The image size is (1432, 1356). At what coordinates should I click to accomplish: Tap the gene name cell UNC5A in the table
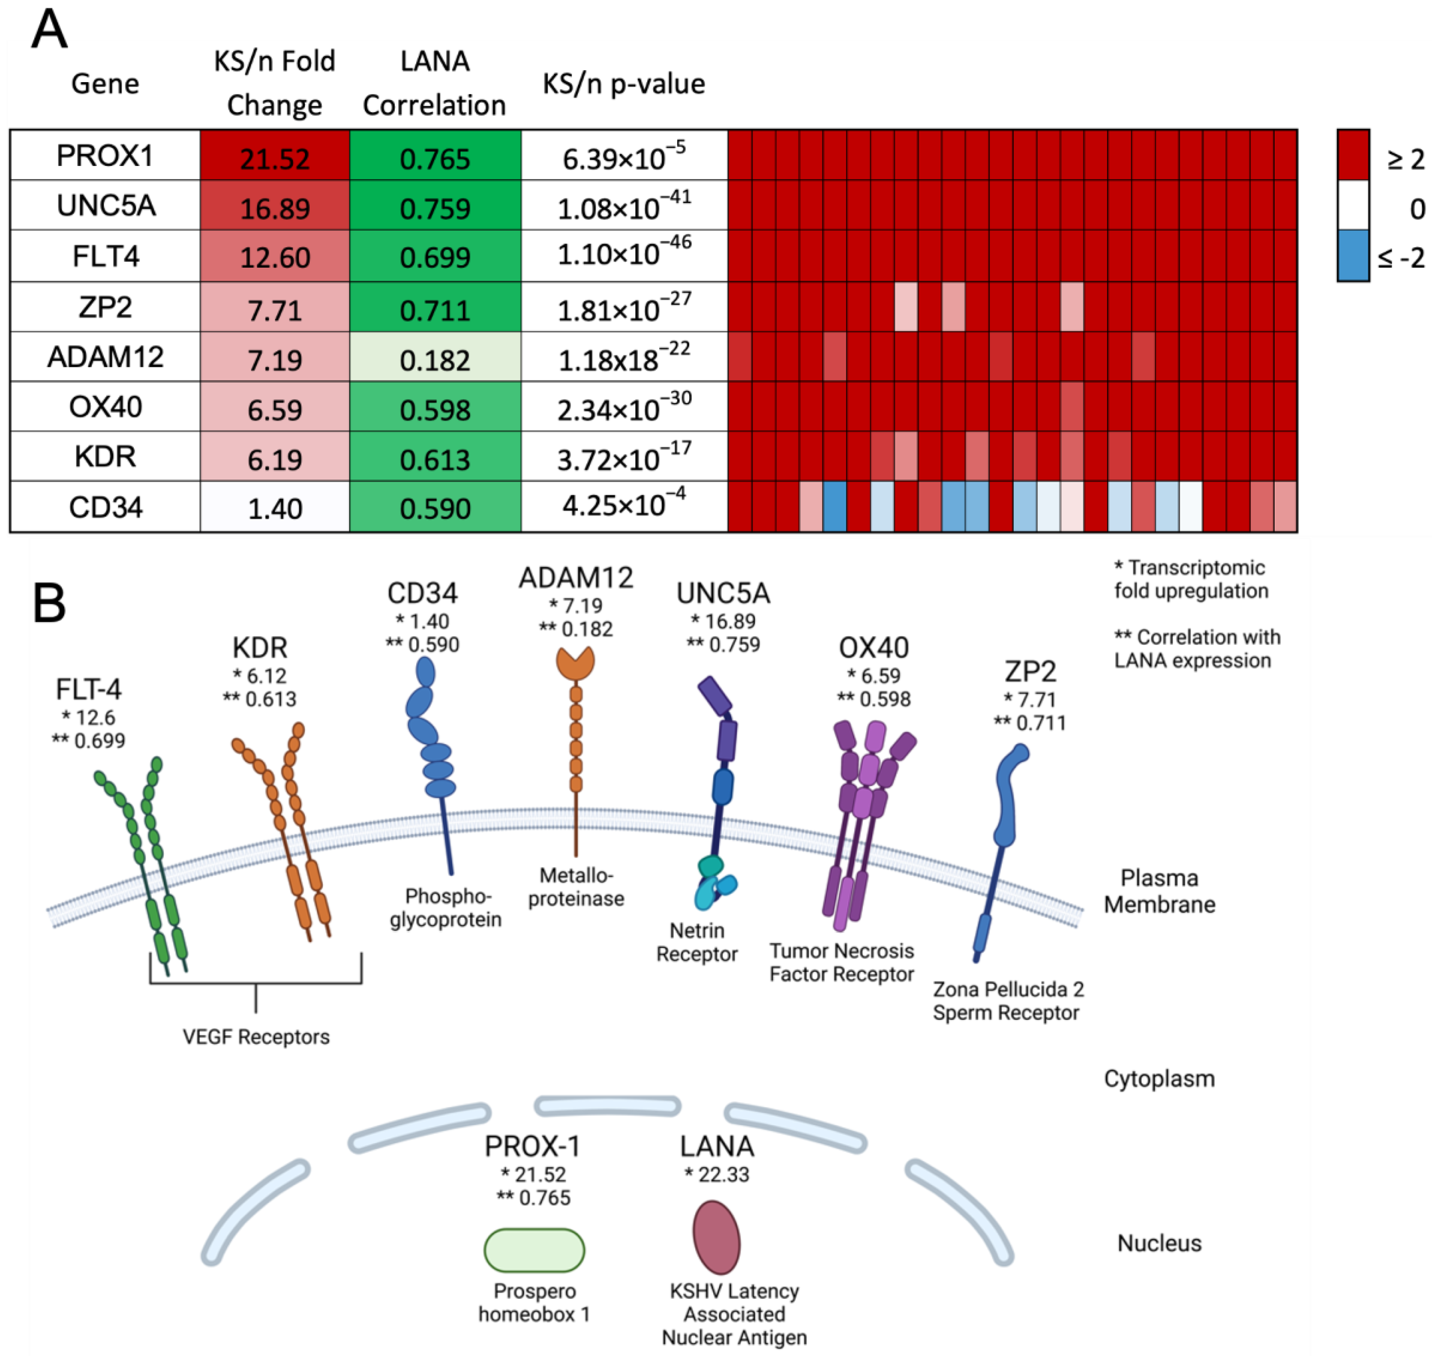[x=106, y=206]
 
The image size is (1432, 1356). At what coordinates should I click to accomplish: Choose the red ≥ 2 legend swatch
[x=1353, y=155]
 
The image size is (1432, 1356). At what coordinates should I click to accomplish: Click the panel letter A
[x=49, y=30]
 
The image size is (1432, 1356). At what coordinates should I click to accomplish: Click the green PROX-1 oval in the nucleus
[x=534, y=1250]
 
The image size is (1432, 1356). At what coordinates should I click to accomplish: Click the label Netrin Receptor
[x=696, y=942]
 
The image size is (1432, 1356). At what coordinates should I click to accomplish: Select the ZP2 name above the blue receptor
[x=1030, y=672]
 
